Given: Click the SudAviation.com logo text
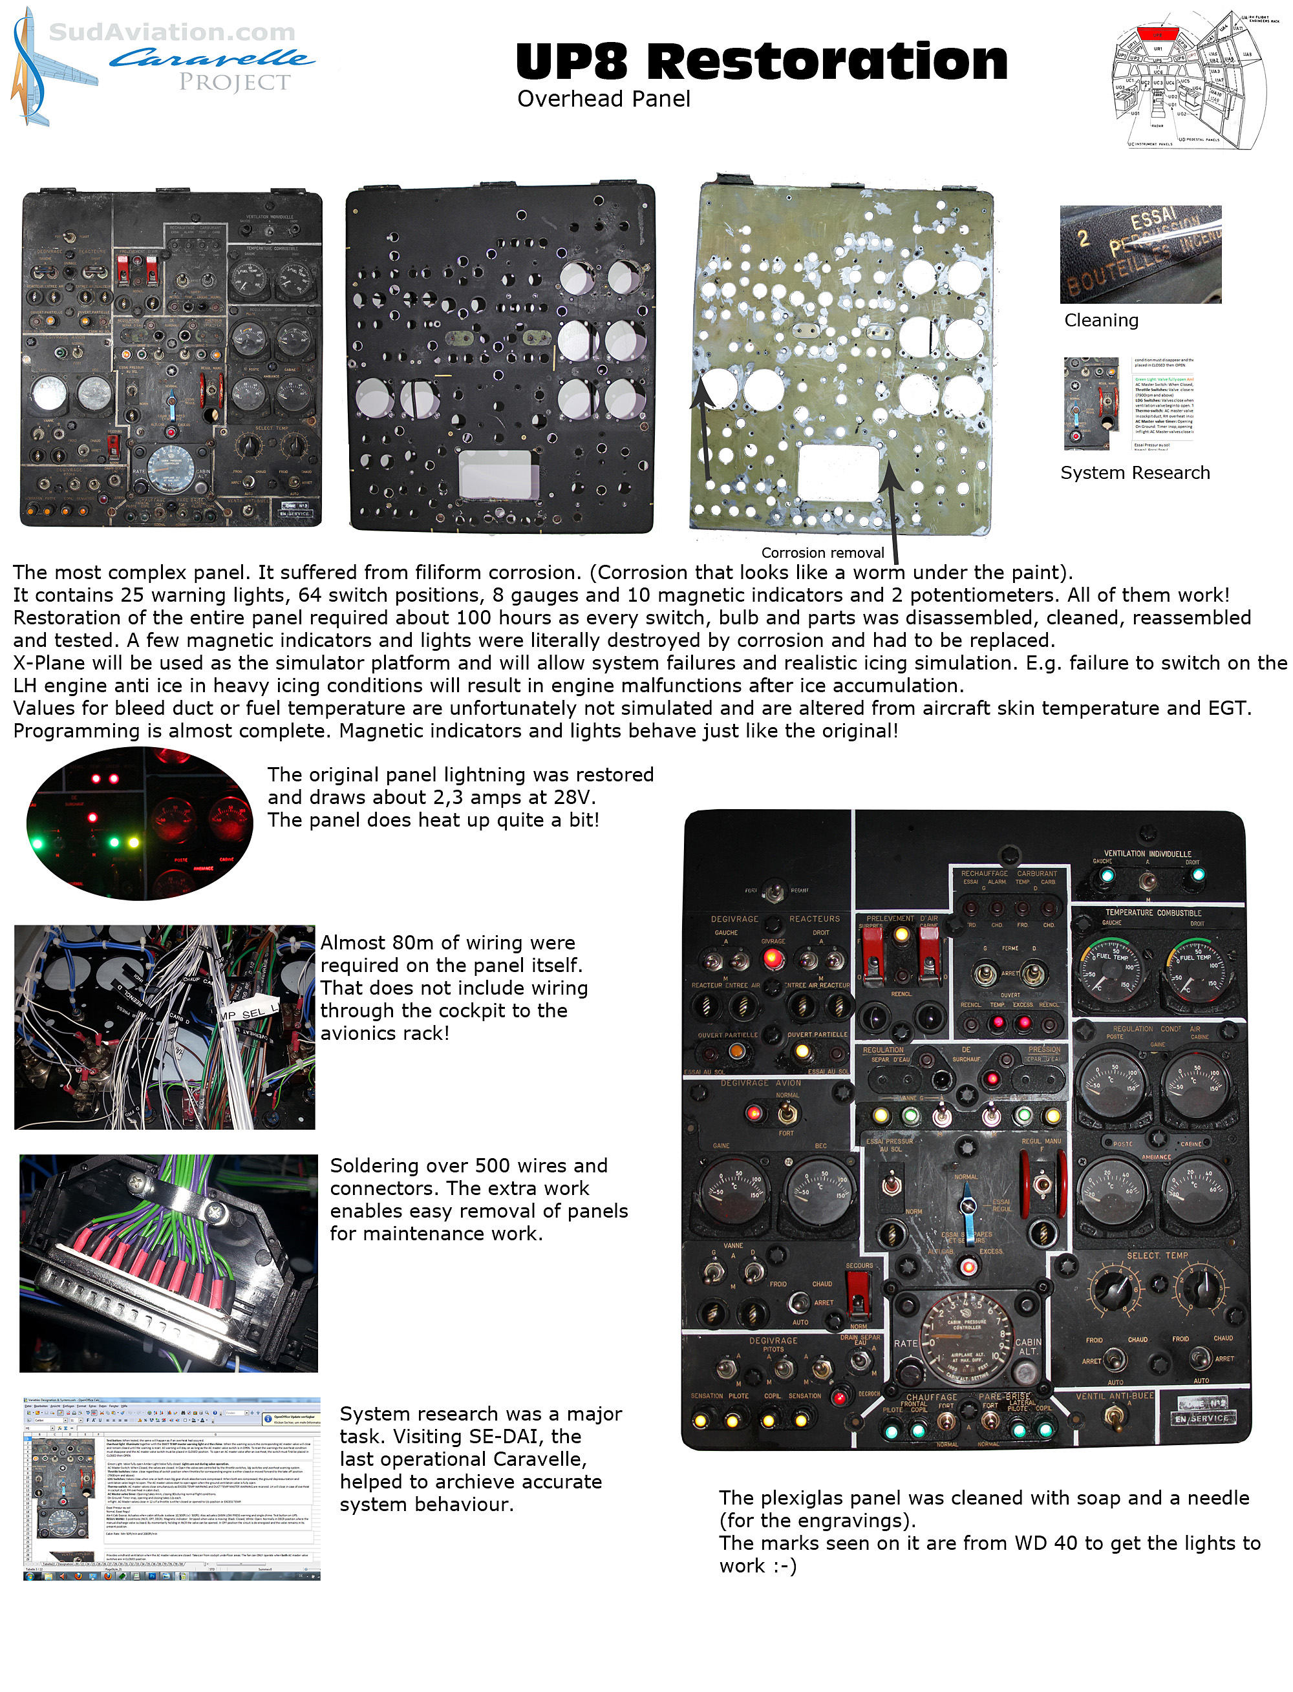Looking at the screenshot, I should point(171,32).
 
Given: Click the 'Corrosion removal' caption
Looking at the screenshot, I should point(822,553).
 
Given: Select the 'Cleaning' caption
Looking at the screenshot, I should point(1100,320).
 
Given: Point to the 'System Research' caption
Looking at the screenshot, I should point(1135,472).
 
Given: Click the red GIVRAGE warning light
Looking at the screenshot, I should point(772,958).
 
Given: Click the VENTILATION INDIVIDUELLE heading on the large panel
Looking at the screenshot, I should point(1148,853).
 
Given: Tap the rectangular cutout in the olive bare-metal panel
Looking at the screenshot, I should point(838,472).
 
